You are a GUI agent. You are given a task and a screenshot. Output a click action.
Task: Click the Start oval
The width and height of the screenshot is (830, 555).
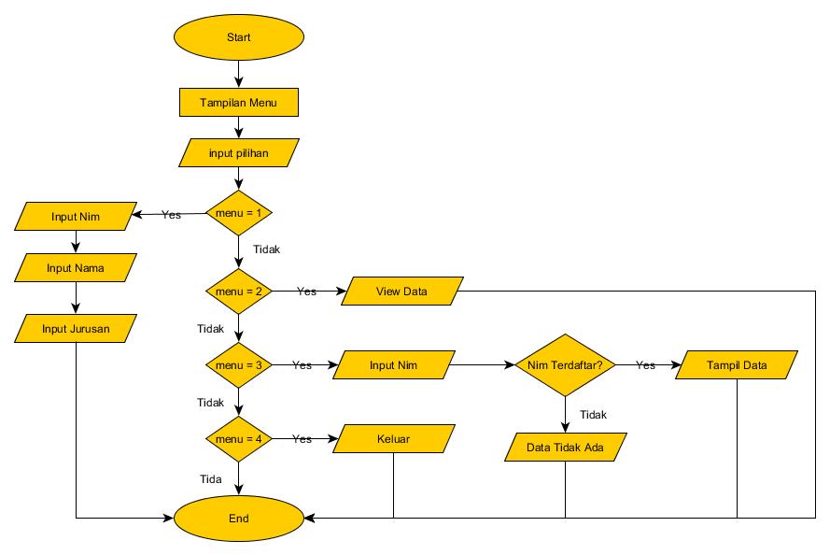pyautogui.click(x=239, y=37)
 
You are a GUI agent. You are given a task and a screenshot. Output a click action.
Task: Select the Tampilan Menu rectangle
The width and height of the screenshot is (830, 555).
pyautogui.click(x=239, y=102)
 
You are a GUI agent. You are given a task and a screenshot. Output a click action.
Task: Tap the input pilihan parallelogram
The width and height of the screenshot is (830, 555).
pyautogui.click(x=239, y=152)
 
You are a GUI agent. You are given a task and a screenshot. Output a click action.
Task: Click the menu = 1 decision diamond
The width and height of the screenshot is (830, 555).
pyautogui.click(x=239, y=213)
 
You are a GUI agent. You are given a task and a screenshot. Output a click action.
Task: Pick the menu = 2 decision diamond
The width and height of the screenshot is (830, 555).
pyautogui.click(x=239, y=292)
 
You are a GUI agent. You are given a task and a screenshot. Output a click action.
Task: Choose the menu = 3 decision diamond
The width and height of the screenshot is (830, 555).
pyautogui.click(x=239, y=365)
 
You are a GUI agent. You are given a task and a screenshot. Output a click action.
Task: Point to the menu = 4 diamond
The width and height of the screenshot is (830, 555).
pyautogui.click(x=239, y=438)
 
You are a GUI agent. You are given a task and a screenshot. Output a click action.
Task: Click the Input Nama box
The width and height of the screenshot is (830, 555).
pyautogui.click(x=76, y=268)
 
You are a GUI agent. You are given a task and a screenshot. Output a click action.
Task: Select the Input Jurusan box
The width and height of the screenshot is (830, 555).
pyautogui.click(x=76, y=328)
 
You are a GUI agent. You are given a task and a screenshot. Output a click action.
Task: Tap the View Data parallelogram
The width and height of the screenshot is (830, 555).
pyautogui.click(x=402, y=292)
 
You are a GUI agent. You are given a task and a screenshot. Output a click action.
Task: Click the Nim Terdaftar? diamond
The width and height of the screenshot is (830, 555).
pyautogui.click(x=565, y=365)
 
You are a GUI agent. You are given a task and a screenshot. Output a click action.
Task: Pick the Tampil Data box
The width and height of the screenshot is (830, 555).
pyautogui.click(x=737, y=365)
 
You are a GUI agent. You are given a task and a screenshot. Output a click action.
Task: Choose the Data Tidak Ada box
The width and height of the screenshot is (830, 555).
pyautogui.click(x=565, y=448)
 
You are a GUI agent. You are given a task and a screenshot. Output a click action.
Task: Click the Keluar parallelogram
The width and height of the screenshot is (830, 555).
pyautogui.click(x=393, y=438)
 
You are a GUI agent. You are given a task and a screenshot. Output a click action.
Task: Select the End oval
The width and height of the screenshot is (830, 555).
pyautogui.click(x=239, y=517)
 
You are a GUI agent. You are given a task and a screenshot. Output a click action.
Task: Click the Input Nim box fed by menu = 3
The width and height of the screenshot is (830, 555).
pyautogui.click(x=393, y=365)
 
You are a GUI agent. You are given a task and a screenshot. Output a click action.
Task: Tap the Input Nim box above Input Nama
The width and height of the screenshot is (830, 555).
pyautogui.click(x=76, y=217)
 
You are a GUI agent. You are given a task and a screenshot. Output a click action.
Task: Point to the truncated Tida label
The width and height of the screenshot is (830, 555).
pyautogui.click(x=210, y=478)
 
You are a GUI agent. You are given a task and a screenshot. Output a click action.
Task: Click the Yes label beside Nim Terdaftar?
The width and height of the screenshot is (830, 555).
pyautogui.click(x=645, y=365)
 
